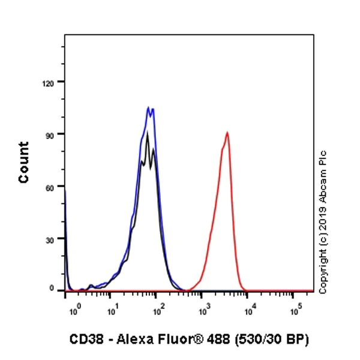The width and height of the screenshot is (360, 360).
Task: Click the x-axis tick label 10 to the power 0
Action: pyautogui.click(x=73, y=311)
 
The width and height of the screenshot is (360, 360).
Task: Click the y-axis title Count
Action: pyautogui.click(x=24, y=162)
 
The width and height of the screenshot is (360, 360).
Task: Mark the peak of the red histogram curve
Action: pyautogui.click(x=227, y=133)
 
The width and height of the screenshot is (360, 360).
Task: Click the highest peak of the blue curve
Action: pyautogui.click(x=148, y=108)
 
